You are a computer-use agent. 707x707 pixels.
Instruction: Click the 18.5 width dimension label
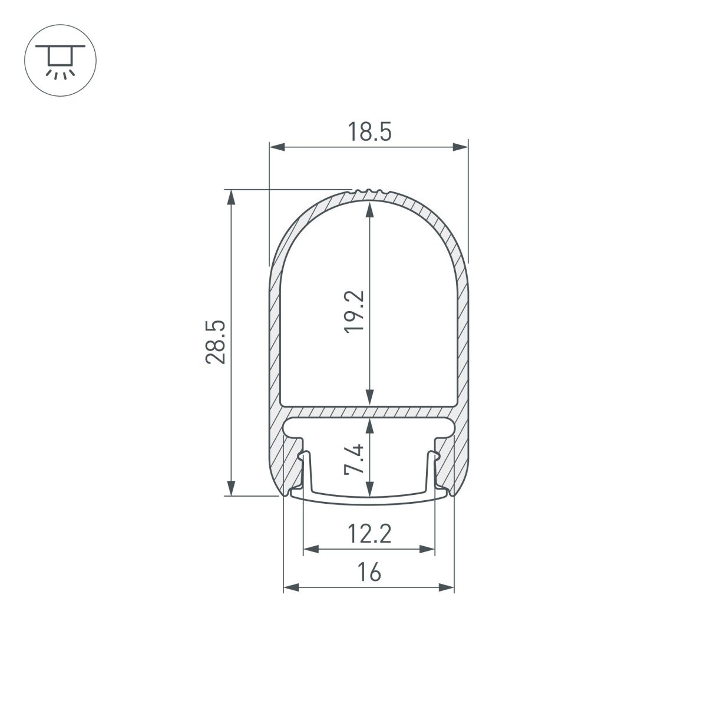pyautogui.click(x=369, y=131)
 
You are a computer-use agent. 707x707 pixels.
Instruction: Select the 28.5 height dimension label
pyautogui.click(x=215, y=342)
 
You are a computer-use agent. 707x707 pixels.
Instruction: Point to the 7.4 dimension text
pyautogui.click(x=356, y=460)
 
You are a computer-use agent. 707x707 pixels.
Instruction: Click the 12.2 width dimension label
pyautogui.click(x=369, y=535)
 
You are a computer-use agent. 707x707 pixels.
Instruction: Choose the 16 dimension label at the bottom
pyautogui.click(x=369, y=573)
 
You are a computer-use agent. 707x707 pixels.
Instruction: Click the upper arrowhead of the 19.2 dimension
pyautogui.click(x=369, y=209)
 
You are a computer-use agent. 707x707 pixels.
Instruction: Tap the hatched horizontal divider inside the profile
pyautogui.click(x=369, y=411)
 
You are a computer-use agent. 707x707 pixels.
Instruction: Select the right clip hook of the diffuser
pyautogui.click(x=435, y=456)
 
